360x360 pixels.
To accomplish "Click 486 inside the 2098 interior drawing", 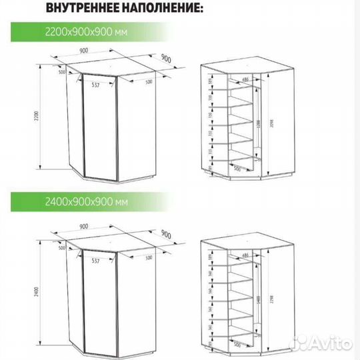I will pos(245,79).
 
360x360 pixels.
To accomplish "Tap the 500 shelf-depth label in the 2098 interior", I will pos(236,169).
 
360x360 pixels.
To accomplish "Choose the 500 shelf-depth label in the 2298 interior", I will pos(236,345).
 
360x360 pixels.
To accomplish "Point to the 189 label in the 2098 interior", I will pos(210,83).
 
